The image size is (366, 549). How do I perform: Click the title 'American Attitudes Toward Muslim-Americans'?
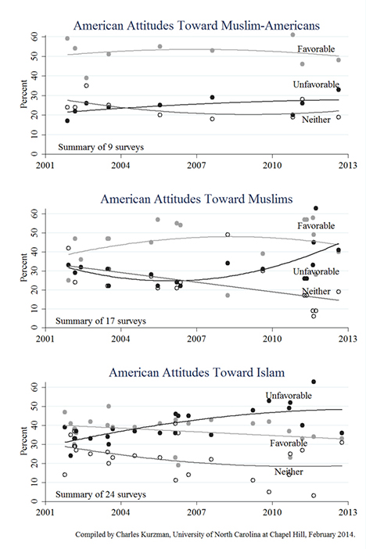pyautogui.click(x=196, y=26)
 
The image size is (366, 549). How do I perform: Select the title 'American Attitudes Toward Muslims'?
pyautogui.click(x=196, y=199)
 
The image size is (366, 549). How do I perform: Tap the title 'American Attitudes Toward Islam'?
pyautogui.click(x=196, y=372)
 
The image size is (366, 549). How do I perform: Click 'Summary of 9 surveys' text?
pyautogui.click(x=101, y=147)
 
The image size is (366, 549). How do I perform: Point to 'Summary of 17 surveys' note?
pyautogui.click(x=101, y=321)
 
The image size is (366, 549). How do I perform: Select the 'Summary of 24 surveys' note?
pyautogui.click(x=101, y=494)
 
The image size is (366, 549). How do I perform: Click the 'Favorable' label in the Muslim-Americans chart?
pyautogui.click(x=316, y=49)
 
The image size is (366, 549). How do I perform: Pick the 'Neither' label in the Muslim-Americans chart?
pyautogui.click(x=316, y=120)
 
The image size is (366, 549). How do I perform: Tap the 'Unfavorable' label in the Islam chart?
pyautogui.click(x=289, y=396)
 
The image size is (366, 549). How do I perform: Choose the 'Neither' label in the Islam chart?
pyautogui.click(x=289, y=472)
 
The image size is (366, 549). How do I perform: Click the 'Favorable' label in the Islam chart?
pyautogui.click(x=289, y=443)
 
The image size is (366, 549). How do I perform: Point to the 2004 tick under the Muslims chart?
pyautogui.click(x=120, y=339)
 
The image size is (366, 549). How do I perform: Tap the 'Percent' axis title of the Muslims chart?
pyautogui.click(x=23, y=267)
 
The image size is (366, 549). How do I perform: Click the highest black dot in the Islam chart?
pyautogui.click(x=314, y=382)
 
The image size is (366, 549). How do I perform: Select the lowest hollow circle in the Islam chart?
pyautogui.click(x=314, y=496)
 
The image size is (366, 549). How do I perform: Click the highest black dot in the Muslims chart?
pyautogui.click(x=316, y=208)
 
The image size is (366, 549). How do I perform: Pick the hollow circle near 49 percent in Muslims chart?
pyautogui.click(x=228, y=235)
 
